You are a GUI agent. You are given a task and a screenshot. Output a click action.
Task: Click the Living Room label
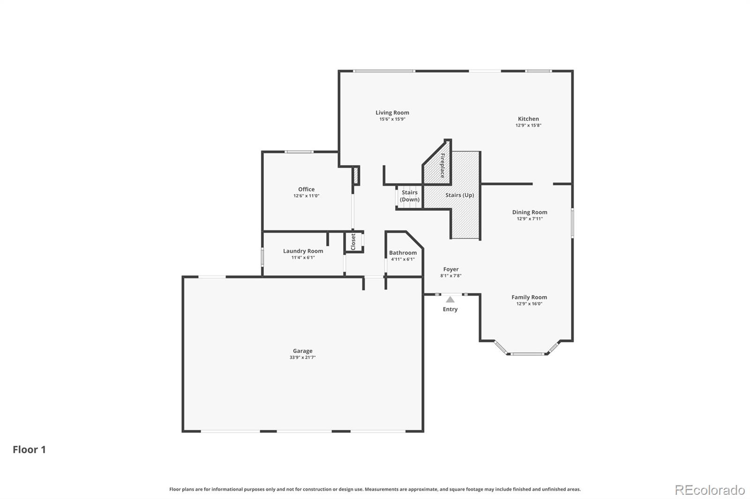click(x=392, y=112)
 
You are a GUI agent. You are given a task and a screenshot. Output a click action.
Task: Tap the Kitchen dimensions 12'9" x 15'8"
click(x=528, y=125)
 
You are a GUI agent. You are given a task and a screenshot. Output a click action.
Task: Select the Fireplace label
click(x=442, y=166)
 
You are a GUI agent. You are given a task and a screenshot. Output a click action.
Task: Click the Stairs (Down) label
click(x=409, y=196)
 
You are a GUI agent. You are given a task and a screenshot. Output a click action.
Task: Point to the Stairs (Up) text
click(x=459, y=195)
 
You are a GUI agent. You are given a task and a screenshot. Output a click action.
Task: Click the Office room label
click(x=306, y=189)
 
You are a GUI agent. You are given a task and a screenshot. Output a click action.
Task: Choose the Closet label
click(x=353, y=242)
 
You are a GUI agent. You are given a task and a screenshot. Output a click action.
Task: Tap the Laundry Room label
click(x=303, y=251)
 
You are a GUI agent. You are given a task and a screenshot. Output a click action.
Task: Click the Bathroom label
click(x=403, y=253)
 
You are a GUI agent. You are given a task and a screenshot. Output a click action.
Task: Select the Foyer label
click(x=450, y=269)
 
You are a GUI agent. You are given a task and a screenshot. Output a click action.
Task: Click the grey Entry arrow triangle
click(x=450, y=300)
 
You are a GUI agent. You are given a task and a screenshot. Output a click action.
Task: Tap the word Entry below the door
click(x=450, y=309)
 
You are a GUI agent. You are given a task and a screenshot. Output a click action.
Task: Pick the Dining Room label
click(x=529, y=212)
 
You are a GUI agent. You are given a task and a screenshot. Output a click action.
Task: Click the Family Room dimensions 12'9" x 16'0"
click(x=529, y=304)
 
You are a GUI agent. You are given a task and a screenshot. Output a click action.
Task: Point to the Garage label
click(x=302, y=351)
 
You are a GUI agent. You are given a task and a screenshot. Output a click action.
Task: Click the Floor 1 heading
click(x=29, y=449)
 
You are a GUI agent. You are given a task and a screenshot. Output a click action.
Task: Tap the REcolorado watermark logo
click(x=710, y=490)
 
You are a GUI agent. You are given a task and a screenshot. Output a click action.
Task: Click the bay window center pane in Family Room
click(x=528, y=354)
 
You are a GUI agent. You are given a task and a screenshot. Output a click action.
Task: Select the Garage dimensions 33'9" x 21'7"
click(x=302, y=358)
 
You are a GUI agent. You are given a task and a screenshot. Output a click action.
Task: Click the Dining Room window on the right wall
click(x=572, y=223)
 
